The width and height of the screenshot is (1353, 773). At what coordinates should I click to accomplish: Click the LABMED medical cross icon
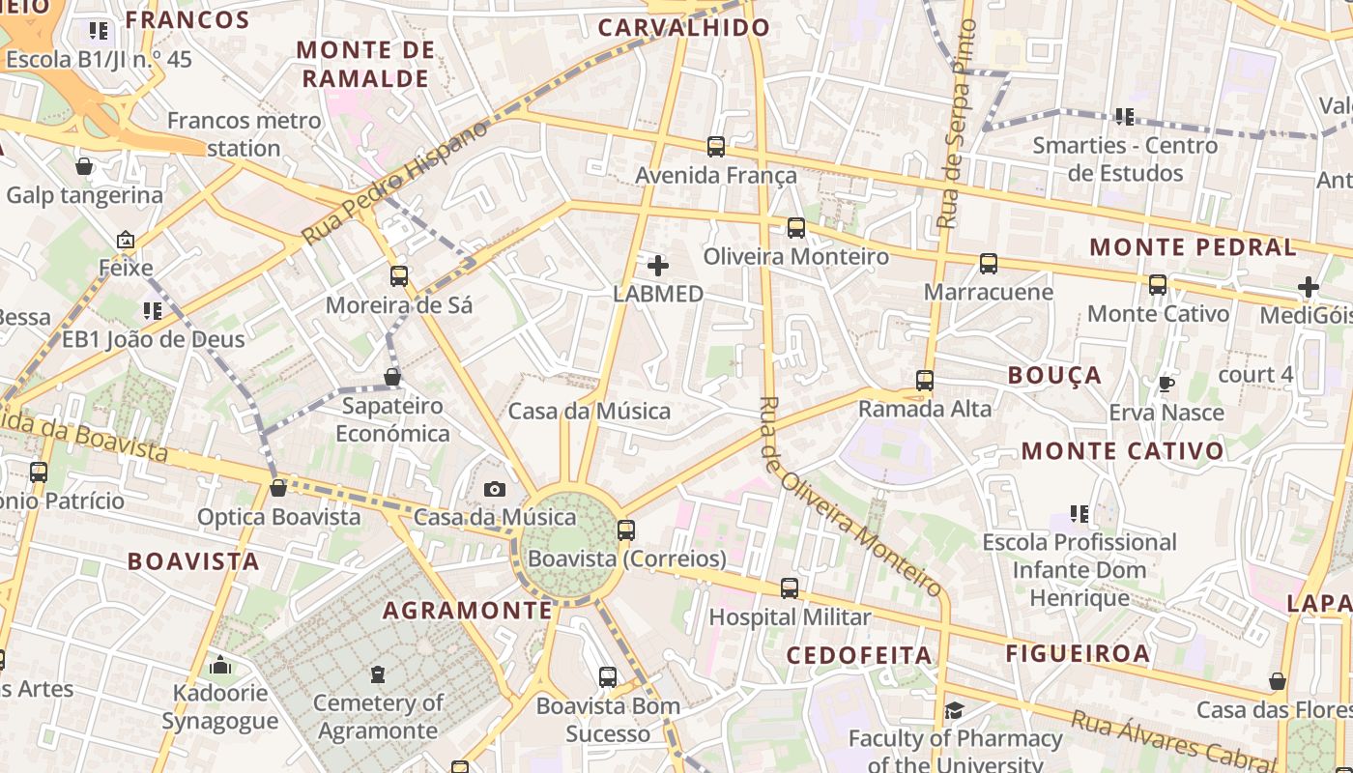tap(658, 266)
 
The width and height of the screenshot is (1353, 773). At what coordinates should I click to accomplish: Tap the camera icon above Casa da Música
tap(495, 490)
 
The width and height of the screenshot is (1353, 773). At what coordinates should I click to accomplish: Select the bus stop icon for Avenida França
tap(716, 147)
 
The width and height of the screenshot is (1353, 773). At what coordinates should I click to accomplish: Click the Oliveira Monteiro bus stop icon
tap(795, 228)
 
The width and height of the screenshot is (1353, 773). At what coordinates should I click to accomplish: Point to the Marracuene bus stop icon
tap(988, 264)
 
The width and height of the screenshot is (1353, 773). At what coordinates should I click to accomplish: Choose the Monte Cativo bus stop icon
tap(1158, 285)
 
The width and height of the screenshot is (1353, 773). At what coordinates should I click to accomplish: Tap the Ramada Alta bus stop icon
tap(925, 381)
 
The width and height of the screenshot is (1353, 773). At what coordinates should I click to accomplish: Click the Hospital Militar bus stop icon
tap(790, 588)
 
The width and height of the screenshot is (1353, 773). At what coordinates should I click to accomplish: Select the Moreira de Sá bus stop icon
tap(399, 276)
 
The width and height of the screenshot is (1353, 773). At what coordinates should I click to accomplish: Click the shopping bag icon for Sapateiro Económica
tap(392, 377)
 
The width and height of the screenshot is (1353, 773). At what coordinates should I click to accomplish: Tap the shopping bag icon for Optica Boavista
tap(278, 488)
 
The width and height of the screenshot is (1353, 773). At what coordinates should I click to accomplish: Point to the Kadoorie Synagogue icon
tap(220, 665)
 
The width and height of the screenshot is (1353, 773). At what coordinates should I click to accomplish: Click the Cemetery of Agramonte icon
tap(377, 674)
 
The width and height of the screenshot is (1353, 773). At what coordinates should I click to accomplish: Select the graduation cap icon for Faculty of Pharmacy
tap(954, 711)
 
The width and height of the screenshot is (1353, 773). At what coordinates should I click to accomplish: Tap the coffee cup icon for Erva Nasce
tap(1166, 385)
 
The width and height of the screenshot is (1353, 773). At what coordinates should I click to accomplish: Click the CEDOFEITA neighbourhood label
tap(859, 655)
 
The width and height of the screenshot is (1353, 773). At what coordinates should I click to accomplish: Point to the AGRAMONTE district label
tap(468, 611)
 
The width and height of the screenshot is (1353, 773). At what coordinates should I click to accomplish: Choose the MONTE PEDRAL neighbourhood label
tap(1193, 247)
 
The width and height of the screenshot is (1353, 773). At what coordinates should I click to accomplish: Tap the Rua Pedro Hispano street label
tap(396, 182)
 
